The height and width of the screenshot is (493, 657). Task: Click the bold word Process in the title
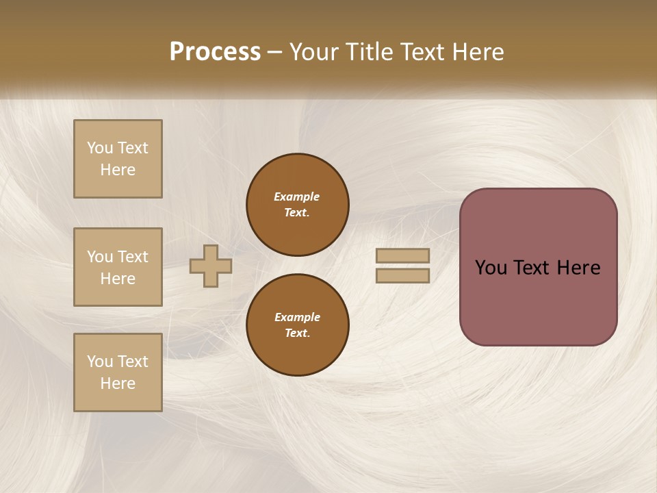point(215,52)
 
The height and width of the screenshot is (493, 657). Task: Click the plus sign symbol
point(211,266)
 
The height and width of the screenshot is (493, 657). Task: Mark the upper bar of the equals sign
point(403,255)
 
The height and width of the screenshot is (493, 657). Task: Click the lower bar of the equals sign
point(403,276)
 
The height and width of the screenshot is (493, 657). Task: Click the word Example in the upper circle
point(297,197)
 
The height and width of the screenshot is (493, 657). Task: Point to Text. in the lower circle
point(297,333)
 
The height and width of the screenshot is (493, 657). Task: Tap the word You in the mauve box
point(491,268)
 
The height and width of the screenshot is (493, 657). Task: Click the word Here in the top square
point(118,170)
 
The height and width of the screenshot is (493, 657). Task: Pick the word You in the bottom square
point(100,362)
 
